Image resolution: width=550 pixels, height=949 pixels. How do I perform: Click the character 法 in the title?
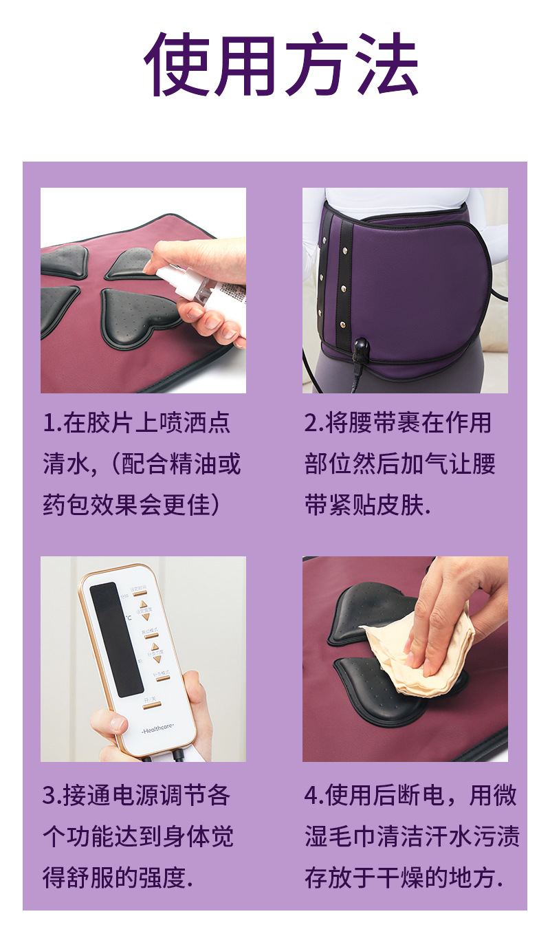coord(385,63)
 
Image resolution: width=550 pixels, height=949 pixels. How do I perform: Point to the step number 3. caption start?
coord(52,796)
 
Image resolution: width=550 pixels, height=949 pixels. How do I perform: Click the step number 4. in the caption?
coord(314,796)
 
